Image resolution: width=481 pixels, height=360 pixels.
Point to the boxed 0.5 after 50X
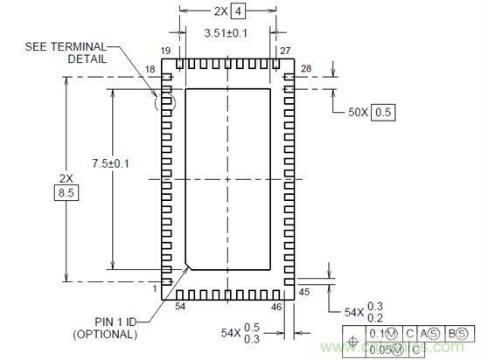click(x=384, y=112)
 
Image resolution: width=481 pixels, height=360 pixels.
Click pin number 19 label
click(x=165, y=52)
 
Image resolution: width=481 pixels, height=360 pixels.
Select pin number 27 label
click(x=284, y=52)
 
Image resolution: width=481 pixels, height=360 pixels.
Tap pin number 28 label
click(x=306, y=68)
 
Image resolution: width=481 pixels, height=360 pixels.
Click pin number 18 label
click(x=150, y=68)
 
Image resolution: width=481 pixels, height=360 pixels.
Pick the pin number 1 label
click(x=155, y=288)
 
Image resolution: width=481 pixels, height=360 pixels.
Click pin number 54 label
click(x=180, y=306)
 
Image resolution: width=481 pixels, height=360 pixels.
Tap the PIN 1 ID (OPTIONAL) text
click(x=110, y=327)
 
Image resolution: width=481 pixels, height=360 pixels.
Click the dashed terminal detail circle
click(x=164, y=103)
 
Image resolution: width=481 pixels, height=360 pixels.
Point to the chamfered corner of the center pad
click(x=190, y=264)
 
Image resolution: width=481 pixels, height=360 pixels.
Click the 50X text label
click(x=358, y=112)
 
